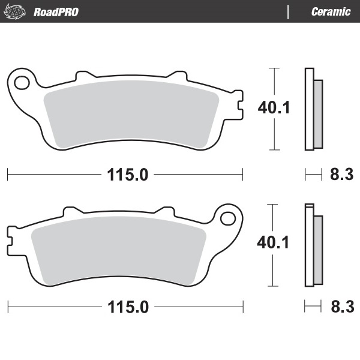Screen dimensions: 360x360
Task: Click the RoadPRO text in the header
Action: click(56, 11)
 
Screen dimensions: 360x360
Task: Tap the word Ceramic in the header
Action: click(331, 11)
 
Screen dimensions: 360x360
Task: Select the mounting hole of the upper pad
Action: click(22, 81)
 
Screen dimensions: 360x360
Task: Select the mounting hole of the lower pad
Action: click(227, 217)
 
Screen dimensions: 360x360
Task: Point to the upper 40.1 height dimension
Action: click(274, 108)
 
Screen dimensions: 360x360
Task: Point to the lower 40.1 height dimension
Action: click(274, 242)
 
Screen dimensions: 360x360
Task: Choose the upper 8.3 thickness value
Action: click(341, 175)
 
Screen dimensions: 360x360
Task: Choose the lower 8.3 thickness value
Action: click(341, 307)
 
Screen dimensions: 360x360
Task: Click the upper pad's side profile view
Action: click(313, 110)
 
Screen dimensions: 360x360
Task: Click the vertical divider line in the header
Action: click(289, 11)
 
